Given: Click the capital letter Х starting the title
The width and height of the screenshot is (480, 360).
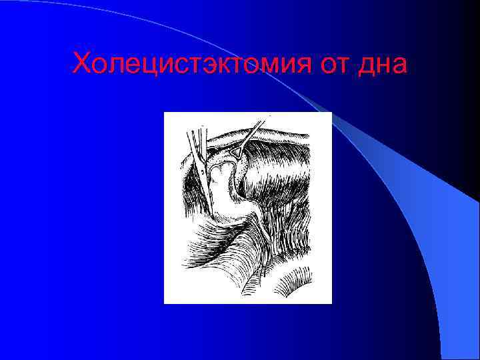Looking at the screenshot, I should coord(81,65).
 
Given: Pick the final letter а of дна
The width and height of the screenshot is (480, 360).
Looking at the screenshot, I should coord(398,67).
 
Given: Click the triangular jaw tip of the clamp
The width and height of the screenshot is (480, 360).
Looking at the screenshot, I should coord(236,154).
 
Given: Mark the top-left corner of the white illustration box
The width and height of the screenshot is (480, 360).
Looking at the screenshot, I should coord(164,113).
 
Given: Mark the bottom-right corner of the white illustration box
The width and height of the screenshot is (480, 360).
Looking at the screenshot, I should coord(331,303).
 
